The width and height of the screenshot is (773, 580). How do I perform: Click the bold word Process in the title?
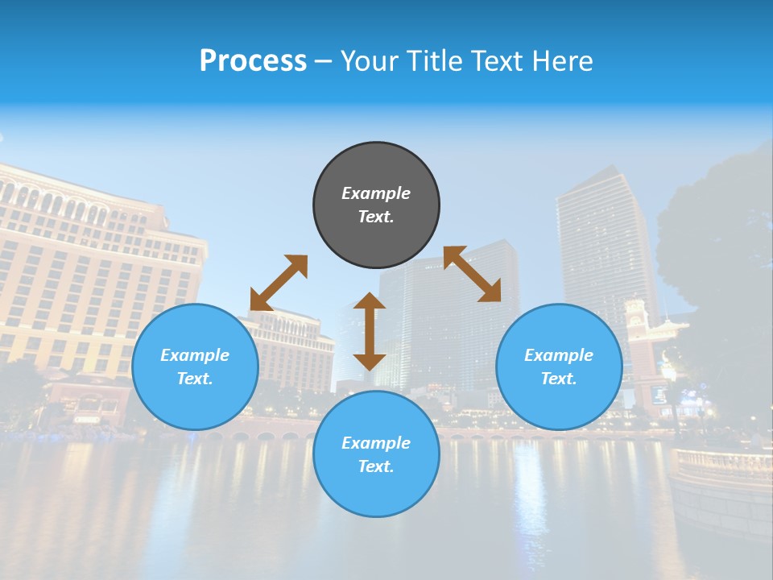(253, 61)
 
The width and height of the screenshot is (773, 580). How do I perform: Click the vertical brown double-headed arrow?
(370, 331)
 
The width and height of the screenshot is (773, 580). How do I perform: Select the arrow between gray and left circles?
(279, 283)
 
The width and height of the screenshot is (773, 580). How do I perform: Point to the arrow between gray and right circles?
(472, 274)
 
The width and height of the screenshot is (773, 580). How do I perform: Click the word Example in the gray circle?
(376, 193)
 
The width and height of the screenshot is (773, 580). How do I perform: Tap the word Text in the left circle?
(195, 379)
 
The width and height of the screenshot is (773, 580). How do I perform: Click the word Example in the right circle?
(559, 355)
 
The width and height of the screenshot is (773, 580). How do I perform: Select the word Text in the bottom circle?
(376, 466)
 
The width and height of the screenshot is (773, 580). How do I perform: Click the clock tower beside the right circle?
(636, 322)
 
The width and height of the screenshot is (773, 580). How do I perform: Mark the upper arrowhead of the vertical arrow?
(370, 301)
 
